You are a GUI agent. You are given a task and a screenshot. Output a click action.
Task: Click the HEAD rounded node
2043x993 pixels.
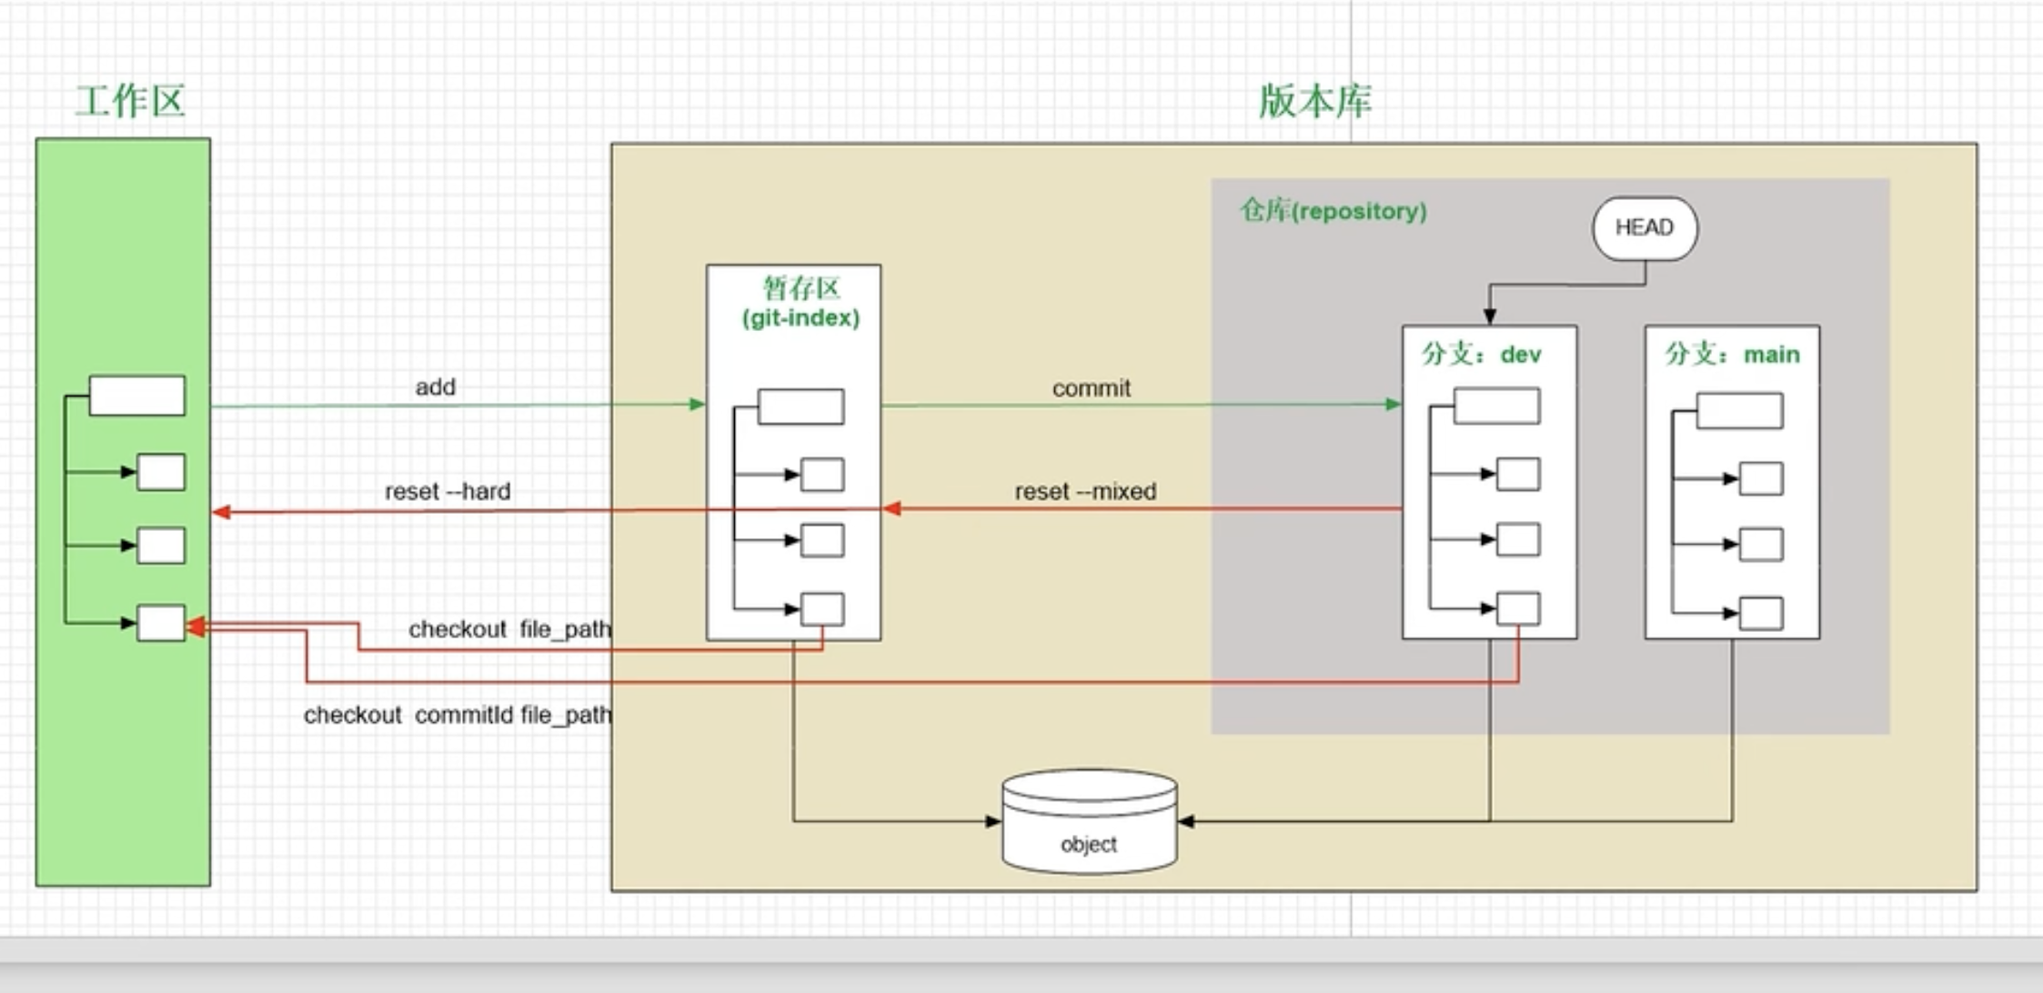pyautogui.click(x=1645, y=228)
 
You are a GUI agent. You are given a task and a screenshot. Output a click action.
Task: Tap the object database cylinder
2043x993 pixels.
pyautogui.click(x=1089, y=823)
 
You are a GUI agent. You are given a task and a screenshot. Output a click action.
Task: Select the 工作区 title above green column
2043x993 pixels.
pyautogui.click(x=130, y=101)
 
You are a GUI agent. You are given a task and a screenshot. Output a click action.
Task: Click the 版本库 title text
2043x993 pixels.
pyautogui.click(x=1315, y=101)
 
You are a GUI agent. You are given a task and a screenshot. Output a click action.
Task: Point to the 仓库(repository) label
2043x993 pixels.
pyautogui.click(x=1333, y=211)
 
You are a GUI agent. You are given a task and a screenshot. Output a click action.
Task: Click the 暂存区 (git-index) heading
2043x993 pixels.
pyautogui.click(x=800, y=303)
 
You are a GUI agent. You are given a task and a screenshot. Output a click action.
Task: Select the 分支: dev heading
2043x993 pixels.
pyautogui.click(x=1482, y=354)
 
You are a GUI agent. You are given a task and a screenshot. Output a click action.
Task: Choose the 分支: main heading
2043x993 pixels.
pyautogui.click(x=1732, y=354)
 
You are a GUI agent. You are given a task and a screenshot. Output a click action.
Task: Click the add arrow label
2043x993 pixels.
pyautogui.click(x=435, y=387)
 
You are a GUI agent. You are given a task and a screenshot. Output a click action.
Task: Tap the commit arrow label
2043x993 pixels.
pyautogui.click(x=1091, y=388)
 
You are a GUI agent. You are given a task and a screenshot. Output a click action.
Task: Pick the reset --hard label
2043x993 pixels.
pyautogui.click(x=448, y=491)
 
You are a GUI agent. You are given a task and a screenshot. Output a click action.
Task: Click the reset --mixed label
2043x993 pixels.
pyautogui.click(x=1085, y=491)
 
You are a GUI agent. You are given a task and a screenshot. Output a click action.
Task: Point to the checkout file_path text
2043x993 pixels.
pyautogui.click(x=509, y=629)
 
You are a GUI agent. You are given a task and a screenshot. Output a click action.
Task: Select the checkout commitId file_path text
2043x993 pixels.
pyautogui.click(x=457, y=716)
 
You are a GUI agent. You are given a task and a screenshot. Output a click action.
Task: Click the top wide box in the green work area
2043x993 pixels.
pyautogui.click(x=137, y=396)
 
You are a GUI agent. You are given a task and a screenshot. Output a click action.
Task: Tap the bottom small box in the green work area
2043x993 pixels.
pyautogui.click(x=161, y=623)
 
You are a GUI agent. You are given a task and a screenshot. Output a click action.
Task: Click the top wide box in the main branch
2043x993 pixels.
pyautogui.click(x=1739, y=411)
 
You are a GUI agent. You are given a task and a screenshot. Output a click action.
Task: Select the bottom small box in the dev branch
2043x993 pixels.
pyautogui.click(x=1518, y=608)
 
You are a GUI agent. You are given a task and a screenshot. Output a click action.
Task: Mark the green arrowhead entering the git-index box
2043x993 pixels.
pyautogui.click(x=698, y=405)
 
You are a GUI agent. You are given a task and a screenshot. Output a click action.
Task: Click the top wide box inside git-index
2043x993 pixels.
pyautogui.click(x=800, y=406)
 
